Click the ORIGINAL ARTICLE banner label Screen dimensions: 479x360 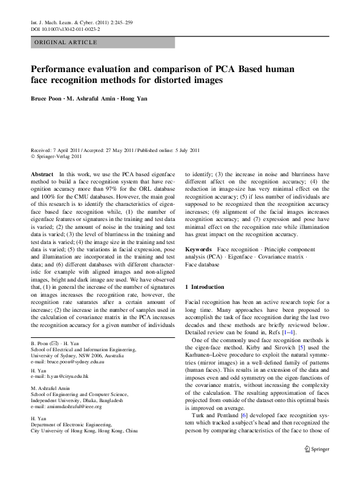coord(66,42)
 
